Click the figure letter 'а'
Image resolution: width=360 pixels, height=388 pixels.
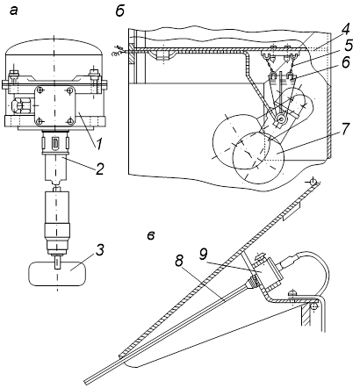14,11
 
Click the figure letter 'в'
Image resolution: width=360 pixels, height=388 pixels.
151,235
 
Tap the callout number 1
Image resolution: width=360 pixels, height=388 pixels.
99,144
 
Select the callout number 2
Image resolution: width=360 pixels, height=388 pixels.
100,169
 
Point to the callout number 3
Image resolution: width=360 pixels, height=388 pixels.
99,251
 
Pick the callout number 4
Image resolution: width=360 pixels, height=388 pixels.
345,29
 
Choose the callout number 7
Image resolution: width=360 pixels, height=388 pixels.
345,129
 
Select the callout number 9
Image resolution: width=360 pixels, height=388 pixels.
203,255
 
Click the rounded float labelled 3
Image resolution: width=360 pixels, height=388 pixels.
57,274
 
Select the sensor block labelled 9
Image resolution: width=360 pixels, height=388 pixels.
267,274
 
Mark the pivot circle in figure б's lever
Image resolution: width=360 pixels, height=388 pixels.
282,119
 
